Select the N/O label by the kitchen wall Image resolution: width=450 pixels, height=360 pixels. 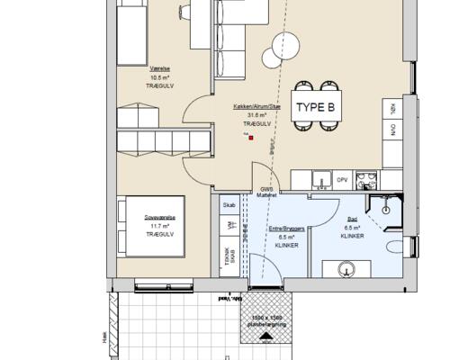392,129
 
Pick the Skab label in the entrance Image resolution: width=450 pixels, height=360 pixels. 229,205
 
